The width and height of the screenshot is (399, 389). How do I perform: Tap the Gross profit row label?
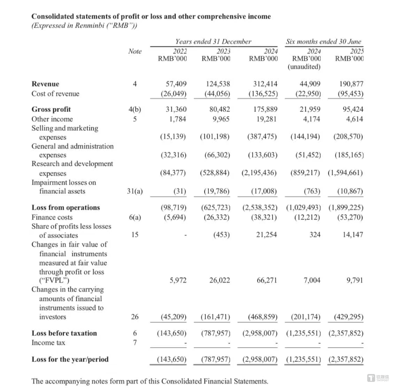51,109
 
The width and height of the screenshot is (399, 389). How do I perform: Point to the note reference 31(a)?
134,192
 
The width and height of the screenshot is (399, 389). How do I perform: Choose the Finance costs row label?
52,217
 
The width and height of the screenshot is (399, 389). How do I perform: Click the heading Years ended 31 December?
213,41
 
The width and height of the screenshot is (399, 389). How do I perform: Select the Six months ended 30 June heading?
323,41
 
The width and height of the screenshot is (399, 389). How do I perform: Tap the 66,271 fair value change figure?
267,280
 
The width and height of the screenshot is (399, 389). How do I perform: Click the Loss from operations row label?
66,207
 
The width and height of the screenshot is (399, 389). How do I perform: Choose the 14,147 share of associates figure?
353,235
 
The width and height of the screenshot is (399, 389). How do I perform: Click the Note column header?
134,51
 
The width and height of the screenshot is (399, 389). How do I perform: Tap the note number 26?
134,317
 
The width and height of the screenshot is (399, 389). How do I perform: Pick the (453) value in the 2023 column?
222,235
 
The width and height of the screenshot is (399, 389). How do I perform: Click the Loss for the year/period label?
70,359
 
